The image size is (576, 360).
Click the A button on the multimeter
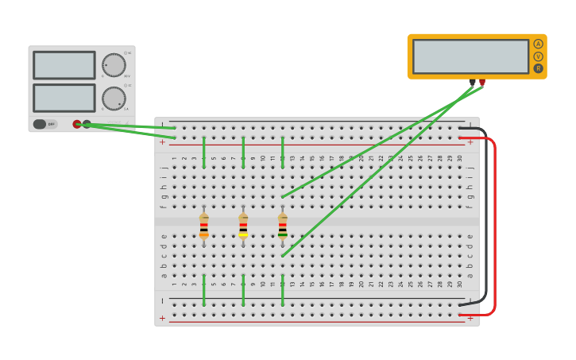click(538, 45)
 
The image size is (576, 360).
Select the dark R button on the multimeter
click(538, 68)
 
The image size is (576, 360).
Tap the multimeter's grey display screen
click(470, 56)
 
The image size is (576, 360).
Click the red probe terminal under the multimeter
click(482, 82)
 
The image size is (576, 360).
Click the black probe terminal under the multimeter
click(473, 82)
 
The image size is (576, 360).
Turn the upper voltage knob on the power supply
click(113, 65)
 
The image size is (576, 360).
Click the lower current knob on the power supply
click(113, 99)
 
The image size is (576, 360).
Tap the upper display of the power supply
click(64, 65)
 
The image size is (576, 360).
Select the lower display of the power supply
click(64, 98)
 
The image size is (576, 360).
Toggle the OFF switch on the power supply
click(44, 124)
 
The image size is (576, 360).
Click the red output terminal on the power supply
click(77, 124)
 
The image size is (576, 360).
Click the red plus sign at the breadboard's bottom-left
click(163, 318)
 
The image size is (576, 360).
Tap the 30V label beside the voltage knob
click(127, 76)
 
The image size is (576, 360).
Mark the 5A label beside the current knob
click(126, 109)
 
